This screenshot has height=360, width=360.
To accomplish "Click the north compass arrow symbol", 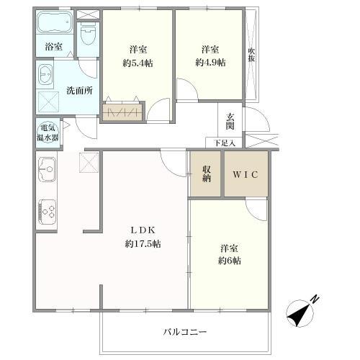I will coord(298,312).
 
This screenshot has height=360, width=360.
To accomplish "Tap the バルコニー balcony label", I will coord(184,332).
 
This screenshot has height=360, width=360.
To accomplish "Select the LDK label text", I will coord(143,230).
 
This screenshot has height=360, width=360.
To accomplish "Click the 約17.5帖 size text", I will coord(143,244).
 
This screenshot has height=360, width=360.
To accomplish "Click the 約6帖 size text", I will coord(230,261).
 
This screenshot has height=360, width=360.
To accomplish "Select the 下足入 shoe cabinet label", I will coord(224,143).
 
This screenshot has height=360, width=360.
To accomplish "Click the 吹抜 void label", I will coord(251,55).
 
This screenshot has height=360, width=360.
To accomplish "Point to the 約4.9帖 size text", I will coord(210,63).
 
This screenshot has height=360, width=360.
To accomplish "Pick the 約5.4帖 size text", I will coord(139,63).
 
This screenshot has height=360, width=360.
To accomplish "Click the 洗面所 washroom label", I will coord(78,91).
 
